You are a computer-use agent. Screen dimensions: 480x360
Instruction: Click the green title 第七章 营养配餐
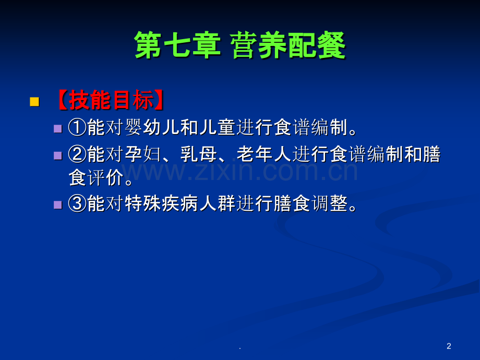[x=240, y=45]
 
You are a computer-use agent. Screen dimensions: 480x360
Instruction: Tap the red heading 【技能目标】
[x=110, y=100]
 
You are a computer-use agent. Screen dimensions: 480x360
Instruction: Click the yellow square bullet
[x=34, y=102]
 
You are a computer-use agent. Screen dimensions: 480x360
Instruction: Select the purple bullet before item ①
[x=57, y=128]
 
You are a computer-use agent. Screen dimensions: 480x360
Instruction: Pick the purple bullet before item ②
[x=57, y=155]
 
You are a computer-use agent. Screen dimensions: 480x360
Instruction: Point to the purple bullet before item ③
[x=57, y=205]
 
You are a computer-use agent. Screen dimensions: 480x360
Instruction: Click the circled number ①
[x=77, y=127]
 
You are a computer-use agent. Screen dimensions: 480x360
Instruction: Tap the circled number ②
[x=77, y=154]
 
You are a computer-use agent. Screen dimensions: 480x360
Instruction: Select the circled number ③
[x=77, y=203]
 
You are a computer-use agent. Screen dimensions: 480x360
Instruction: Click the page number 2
[x=449, y=346]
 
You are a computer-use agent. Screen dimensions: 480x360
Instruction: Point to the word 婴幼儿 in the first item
[x=152, y=127]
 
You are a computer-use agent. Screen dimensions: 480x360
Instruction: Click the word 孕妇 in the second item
[x=143, y=154]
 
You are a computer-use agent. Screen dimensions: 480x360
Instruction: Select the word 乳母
[x=199, y=154]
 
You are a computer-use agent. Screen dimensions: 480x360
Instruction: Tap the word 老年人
[x=265, y=154]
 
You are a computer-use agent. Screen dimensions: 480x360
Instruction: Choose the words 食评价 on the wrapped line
[x=97, y=177]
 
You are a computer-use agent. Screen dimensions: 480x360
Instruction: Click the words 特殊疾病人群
[x=181, y=203]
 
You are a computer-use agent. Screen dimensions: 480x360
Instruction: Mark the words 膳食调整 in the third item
[x=311, y=203]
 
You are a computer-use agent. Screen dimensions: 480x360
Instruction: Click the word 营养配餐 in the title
[x=288, y=45]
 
